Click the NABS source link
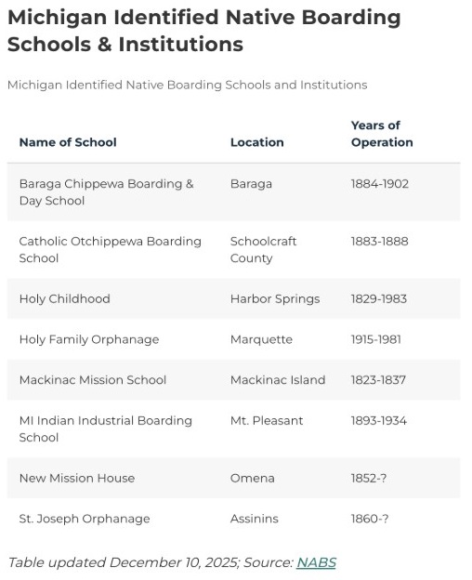click(316, 562)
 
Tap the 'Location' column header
click(256, 142)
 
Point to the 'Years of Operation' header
click(382, 134)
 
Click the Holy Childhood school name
click(64, 299)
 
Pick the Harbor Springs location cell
click(274, 299)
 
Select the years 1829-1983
click(378, 299)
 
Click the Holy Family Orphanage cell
click(88, 339)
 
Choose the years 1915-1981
click(375, 339)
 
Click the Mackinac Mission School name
click(92, 380)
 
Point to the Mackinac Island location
click(277, 380)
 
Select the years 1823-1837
click(378, 380)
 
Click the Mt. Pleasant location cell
click(266, 421)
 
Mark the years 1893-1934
click(378, 421)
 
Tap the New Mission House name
click(76, 479)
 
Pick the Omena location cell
click(252, 479)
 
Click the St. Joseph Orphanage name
click(84, 519)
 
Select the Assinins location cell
click(256, 519)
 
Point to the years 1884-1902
click(379, 184)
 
